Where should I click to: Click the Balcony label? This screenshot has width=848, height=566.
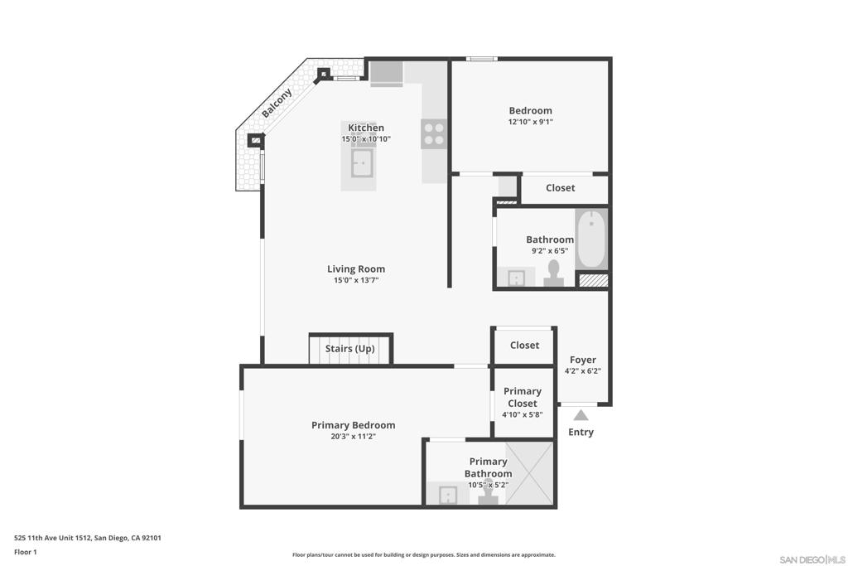[x=277, y=103]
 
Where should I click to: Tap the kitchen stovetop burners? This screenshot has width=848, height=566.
[x=434, y=134]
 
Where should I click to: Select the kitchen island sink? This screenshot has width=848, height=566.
[x=361, y=163]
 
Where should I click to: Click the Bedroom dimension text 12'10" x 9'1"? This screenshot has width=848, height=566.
[x=531, y=123]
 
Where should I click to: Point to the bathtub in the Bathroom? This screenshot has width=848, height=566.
[x=591, y=239]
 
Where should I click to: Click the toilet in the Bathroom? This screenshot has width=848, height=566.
[x=553, y=273]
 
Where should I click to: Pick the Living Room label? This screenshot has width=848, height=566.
[x=356, y=269]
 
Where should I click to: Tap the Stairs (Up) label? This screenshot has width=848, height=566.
[x=350, y=349]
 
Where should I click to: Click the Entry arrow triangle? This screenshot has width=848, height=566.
[x=581, y=415]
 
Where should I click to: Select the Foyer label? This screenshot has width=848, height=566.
[x=583, y=360]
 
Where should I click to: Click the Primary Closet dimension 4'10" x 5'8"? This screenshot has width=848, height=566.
[x=522, y=415]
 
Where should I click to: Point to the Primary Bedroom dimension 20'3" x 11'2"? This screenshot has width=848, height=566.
[x=353, y=437]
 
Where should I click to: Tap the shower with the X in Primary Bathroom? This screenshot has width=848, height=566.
[x=530, y=473]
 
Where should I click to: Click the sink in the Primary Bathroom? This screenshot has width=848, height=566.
[x=448, y=495]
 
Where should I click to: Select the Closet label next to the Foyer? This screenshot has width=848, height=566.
[x=524, y=346]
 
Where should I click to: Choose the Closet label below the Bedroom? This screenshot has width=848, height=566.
[x=561, y=188]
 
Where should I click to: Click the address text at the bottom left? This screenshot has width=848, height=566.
[x=88, y=538]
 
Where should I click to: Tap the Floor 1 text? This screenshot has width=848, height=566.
[x=26, y=552]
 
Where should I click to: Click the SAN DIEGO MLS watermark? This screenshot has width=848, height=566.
[x=812, y=559]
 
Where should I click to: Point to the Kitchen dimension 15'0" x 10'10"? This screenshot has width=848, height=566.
[x=365, y=139]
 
